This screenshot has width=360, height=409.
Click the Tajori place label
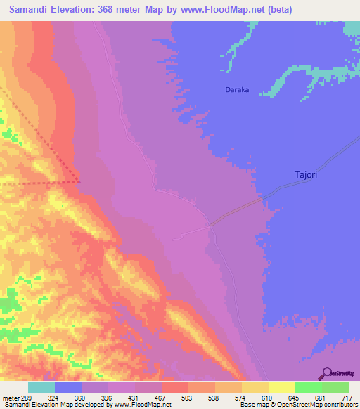click(305, 174)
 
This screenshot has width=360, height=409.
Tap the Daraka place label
click(237, 90)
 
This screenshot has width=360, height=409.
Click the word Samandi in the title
click(31, 10)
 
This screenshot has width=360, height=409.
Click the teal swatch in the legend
click(41, 387)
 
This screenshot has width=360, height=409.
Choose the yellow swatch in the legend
click(282, 387)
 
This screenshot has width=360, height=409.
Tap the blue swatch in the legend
click(68, 387)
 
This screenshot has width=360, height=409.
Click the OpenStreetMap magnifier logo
click(326, 373)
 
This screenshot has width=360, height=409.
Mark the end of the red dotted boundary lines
click(79, 182)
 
